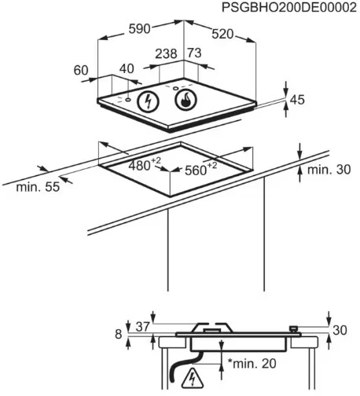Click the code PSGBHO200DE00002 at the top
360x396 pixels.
[289, 8]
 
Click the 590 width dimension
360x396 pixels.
[140, 29]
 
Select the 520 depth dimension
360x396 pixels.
[222, 34]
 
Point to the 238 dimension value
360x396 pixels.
[167, 53]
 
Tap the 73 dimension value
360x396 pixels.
[194, 53]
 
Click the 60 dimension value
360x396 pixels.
[81, 70]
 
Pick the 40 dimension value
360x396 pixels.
[127, 68]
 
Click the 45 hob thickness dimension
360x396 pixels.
[297, 100]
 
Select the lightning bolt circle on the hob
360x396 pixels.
[149, 101]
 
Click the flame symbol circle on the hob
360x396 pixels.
[186, 100]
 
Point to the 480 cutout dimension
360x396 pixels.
[145, 164]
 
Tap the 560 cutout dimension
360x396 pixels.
[201, 169]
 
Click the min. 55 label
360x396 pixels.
[38, 187]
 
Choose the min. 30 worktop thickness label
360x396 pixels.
[329, 170]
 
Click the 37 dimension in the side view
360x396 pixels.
[143, 327]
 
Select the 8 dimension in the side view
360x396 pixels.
[119, 334]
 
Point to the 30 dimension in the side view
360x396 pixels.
[340, 330]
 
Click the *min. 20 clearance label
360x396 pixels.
[252, 363]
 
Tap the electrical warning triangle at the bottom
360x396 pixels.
[193, 377]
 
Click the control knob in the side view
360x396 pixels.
[293, 329]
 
